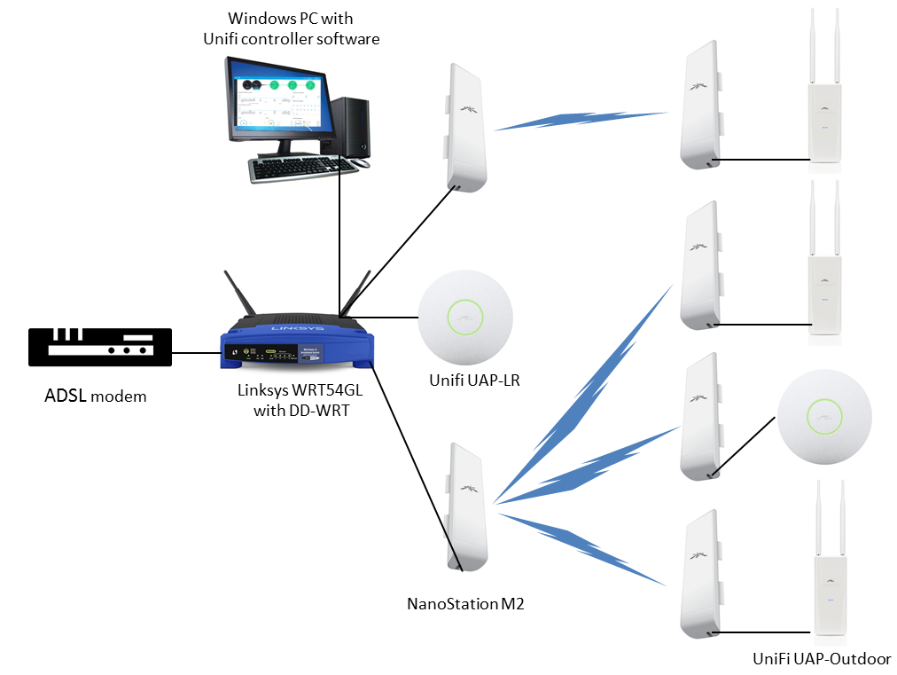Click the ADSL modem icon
[99, 347]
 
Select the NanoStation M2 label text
[465, 605]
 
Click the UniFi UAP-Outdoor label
[821, 658]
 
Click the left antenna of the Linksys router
[240, 297]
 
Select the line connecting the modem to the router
[196, 352]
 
